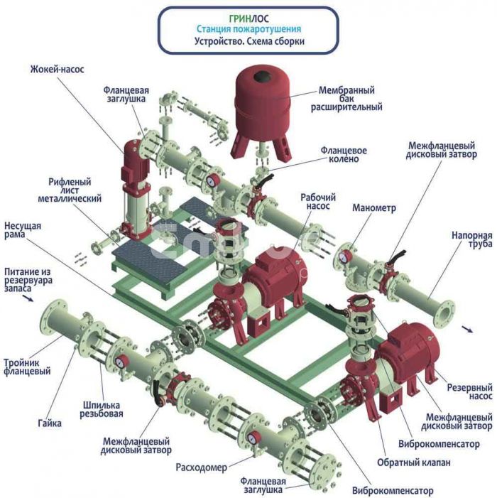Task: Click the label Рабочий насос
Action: point(317,202)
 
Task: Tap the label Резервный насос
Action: point(469,392)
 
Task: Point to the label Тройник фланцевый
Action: point(28,366)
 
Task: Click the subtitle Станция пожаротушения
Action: point(248,29)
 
